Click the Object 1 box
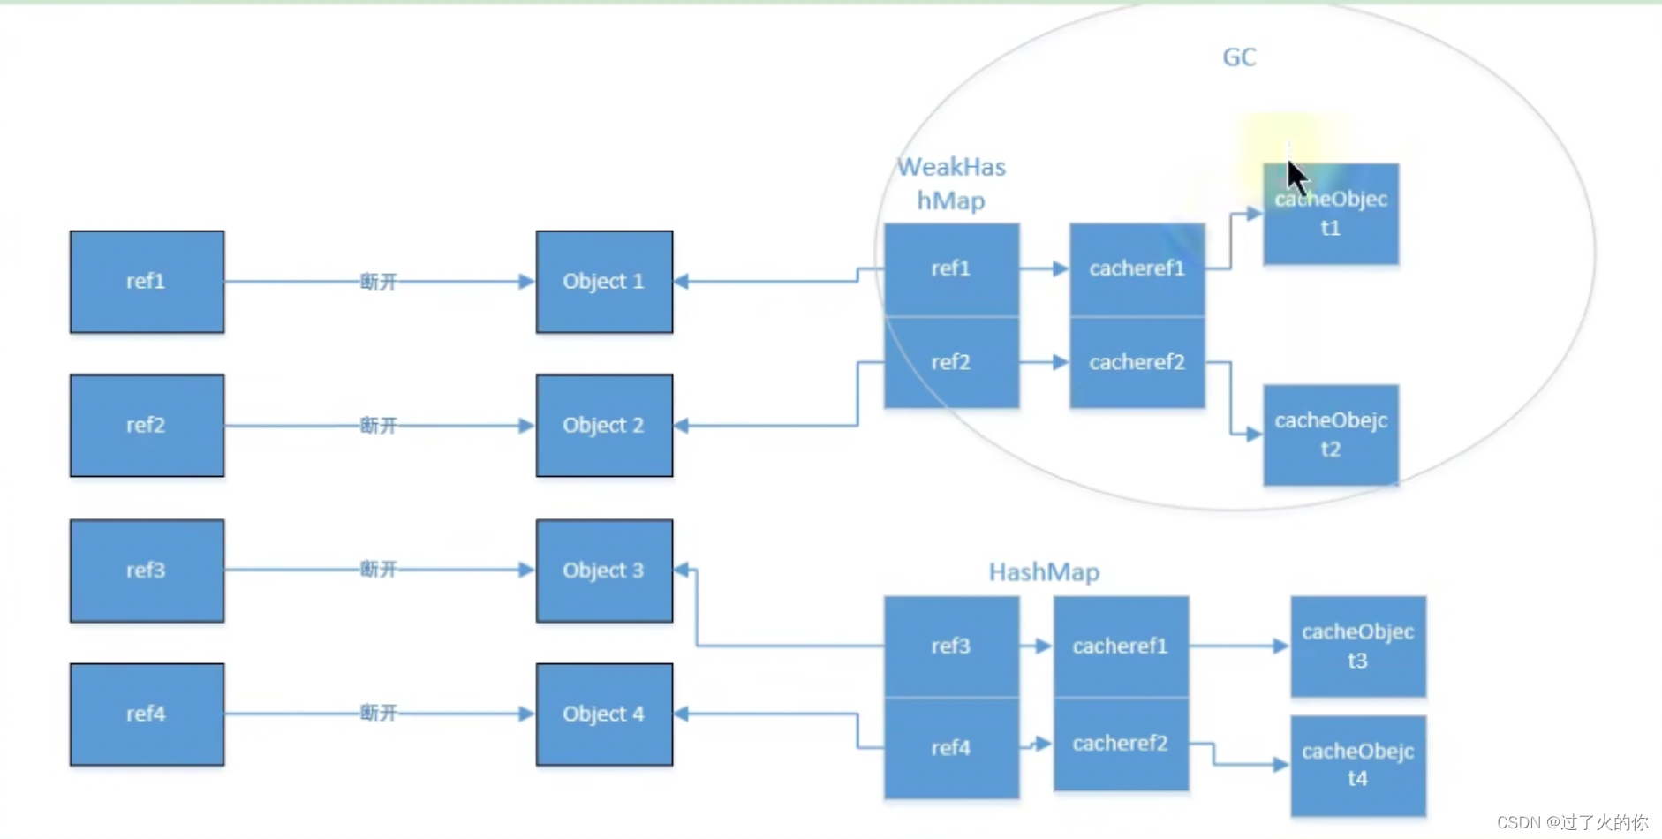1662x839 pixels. point(604,282)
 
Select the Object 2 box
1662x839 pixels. point(604,426)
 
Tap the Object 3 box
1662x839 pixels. point(604,571)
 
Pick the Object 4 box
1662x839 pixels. point(604,714)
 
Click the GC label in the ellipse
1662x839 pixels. point(1239,57)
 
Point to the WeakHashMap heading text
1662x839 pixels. point(951,184)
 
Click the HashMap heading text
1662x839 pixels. point(1044,572)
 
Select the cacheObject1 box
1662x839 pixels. point(1331,214)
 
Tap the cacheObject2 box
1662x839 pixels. point(1331,435)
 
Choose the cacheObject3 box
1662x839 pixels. point(1357,646)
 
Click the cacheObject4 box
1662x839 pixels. point(1357,765)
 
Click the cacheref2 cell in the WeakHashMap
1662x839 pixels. point(1137,362)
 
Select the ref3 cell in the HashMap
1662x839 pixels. point(951,646)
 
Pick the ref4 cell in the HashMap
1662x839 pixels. point(951,748)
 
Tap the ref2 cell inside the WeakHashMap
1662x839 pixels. point(951,362)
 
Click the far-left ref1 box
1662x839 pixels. point(147,282)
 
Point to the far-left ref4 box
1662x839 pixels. point(147,714)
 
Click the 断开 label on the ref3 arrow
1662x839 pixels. point(378,570)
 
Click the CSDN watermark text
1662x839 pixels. point(1572,822)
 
